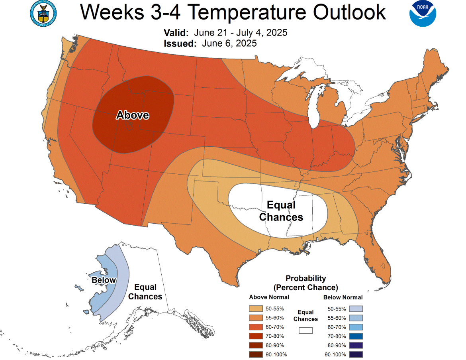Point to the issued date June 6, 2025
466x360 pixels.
click(x=229, y=43)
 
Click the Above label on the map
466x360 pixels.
click(x=133, y=115)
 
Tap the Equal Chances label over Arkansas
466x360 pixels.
click(x=281, y=211)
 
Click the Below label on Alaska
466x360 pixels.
click(x=104, y=280)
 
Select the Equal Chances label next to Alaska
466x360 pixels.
click(x=145, y=292)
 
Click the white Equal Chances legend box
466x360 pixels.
click(x=306, y=330)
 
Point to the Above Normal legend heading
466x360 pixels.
click(x=269, y=297)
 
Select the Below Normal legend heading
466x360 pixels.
click(x=343, y=297)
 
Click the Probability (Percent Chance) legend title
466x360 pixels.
click(x=305, y=283)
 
